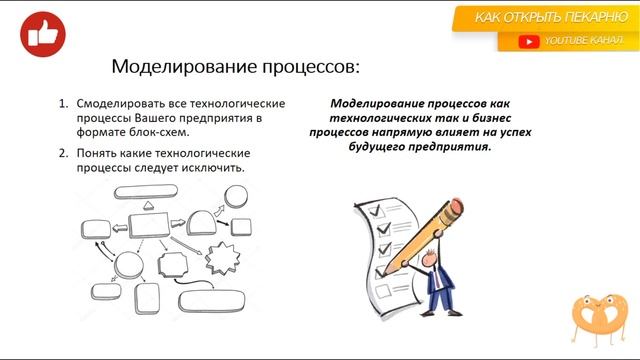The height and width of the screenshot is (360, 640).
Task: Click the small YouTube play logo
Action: coord(529,41)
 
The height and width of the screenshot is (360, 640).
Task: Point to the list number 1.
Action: coord(63,104)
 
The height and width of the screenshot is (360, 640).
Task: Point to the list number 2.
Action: coord(63,153)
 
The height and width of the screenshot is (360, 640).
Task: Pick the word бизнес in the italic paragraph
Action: coord(490,117)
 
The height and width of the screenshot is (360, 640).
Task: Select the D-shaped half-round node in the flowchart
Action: coord(202,219)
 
